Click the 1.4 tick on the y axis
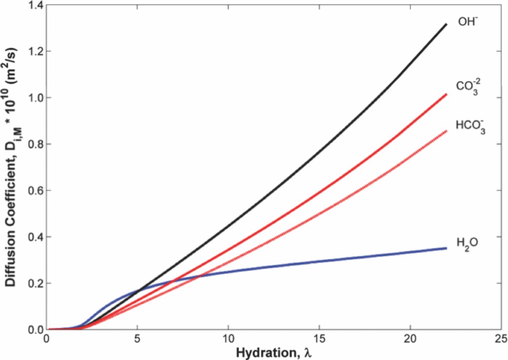35,5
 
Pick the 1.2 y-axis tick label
35,52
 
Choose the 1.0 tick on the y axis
35,98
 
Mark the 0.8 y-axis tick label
35,144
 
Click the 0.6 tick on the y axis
35,191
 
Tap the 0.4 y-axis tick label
35,237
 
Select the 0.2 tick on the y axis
35,283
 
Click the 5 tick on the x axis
137,338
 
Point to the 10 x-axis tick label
228,338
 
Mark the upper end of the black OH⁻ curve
446,24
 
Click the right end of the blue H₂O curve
446,248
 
